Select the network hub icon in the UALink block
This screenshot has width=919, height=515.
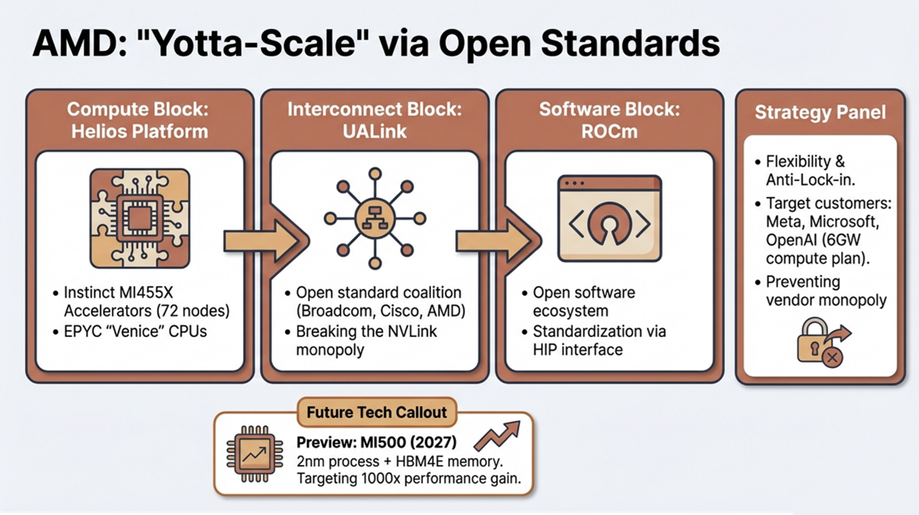tap(375, 218)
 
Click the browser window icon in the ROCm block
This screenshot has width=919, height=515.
tap(609, 218)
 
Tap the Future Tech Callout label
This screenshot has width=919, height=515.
tap(377, 412)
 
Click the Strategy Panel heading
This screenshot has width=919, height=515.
tap(820, 113)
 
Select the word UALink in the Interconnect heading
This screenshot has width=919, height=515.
tap(374, 132)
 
